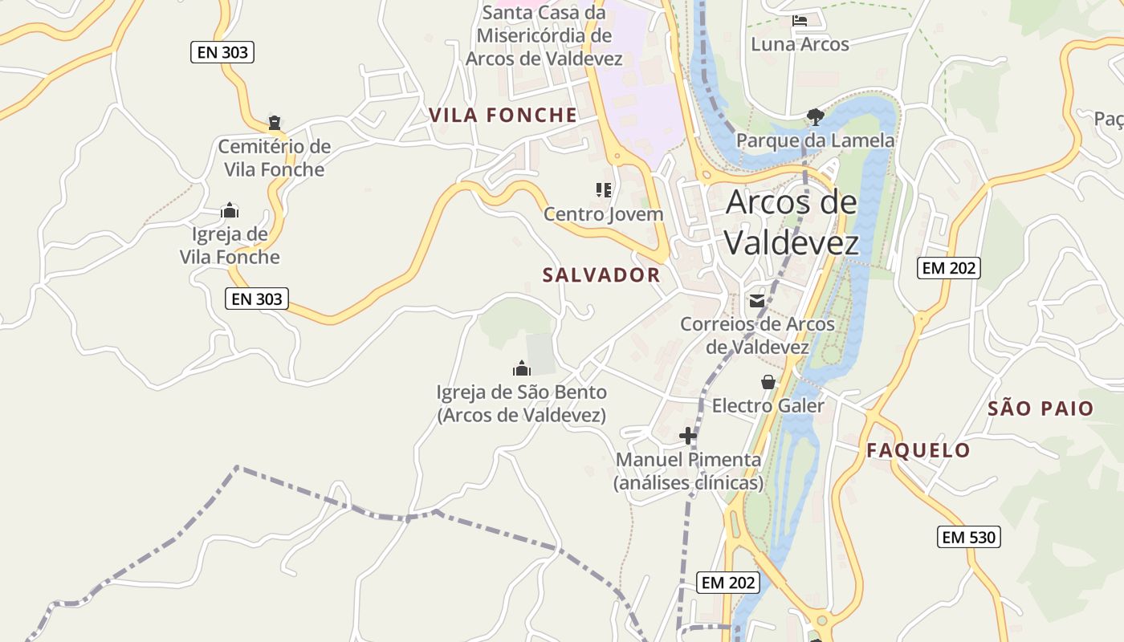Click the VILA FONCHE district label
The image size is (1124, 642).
point(503,116)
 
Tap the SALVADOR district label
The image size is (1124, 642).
point(601,275)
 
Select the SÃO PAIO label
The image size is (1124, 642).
point(1041,408)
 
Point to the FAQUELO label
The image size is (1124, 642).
point(918,451)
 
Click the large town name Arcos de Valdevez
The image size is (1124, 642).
point(792,222)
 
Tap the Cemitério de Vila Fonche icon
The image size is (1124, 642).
point(275,124)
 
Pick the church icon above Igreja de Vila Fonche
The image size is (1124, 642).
point(230,211)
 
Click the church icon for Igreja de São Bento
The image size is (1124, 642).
point(522,368)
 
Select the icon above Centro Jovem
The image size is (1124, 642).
point(604,190)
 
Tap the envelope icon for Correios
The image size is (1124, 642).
point(757,301)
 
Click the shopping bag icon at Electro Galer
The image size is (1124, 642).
point(768,382)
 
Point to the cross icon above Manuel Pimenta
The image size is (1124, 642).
point(688,436)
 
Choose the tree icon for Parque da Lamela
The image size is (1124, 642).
point(816,117)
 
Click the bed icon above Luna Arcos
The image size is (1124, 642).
point(800,20)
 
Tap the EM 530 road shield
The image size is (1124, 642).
point(969,538)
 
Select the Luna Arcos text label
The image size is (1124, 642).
point(800,44)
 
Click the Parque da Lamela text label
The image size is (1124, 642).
point(815,141)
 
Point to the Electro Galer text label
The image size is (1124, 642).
point(768,406)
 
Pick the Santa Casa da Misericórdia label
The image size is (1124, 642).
point(544,36)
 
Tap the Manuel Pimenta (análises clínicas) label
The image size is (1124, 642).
point(688,472)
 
